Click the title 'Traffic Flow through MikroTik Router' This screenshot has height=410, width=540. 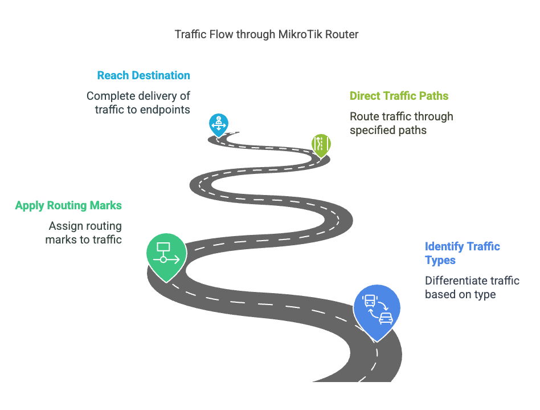pyautogui.click(x=267, y=34)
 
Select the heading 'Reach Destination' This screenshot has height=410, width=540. pyautogui.click(x=144, y=75)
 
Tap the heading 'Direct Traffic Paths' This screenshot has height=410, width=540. pyautogui.click(x=399, y=96)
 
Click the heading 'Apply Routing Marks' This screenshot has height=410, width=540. pyautogui.click(x=68, y=205)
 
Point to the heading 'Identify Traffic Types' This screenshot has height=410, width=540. pyautogui.click(x=462, y=253)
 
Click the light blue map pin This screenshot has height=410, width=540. pyautogui.click(x=219, y=125)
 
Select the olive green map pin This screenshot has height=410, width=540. pyautogui.click(x=321, y=145)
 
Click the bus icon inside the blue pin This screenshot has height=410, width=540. pyautogui.click(x=370, y=301)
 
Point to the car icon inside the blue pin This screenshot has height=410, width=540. pyautogui.click(x=386, y=318)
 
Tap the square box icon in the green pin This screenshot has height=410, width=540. pyautogui.click(x=163, y=247)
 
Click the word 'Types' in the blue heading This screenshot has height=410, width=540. pyautogui.click(x=440, y=261)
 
